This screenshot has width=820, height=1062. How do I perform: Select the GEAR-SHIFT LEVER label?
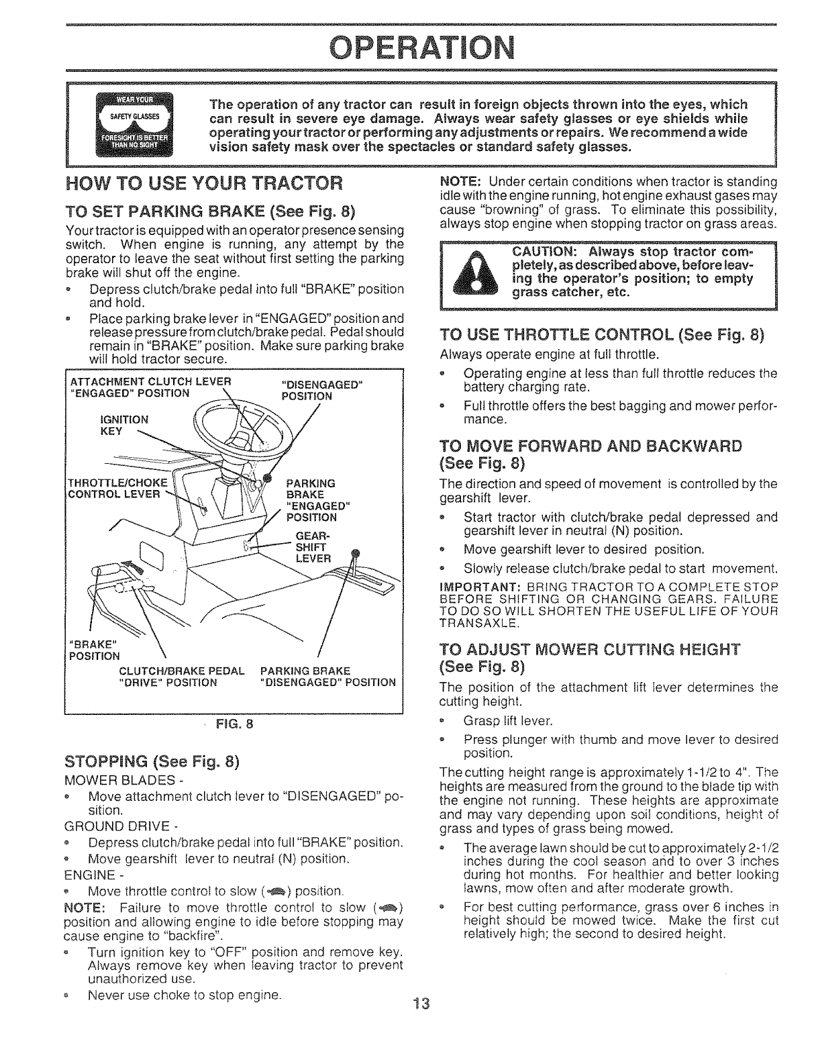tap(312, 547)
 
